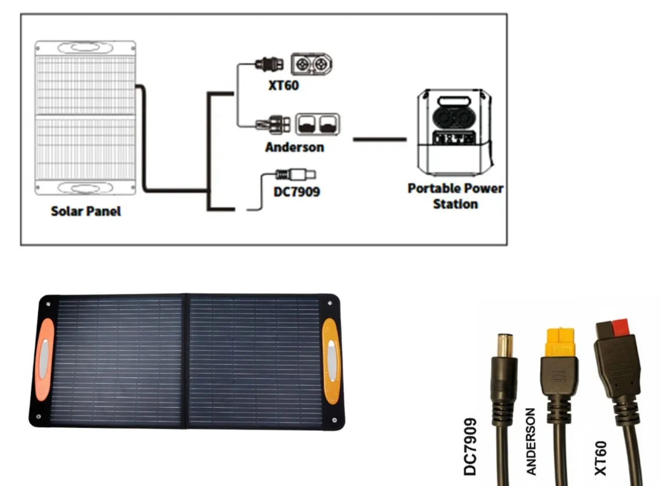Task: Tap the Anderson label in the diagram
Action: [x=294, y=148]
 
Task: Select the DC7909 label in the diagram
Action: [x=296, y=192]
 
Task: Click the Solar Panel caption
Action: [x=86, y=211]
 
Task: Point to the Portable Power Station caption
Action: [x=455, y=196]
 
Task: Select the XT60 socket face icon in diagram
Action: [x=312, y=64]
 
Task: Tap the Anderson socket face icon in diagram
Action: [x=318, y=125]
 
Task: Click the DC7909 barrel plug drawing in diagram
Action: [x=296, y=175]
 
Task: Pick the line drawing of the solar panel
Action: [x=85, y=117]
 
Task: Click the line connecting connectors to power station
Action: [x=379, y=139]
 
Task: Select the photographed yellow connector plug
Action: [x=559, y=342]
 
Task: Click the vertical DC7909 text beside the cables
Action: [x=471, y=446]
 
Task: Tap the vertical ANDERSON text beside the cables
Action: [x=531, y=441]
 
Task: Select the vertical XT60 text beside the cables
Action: [x=600, y=458]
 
